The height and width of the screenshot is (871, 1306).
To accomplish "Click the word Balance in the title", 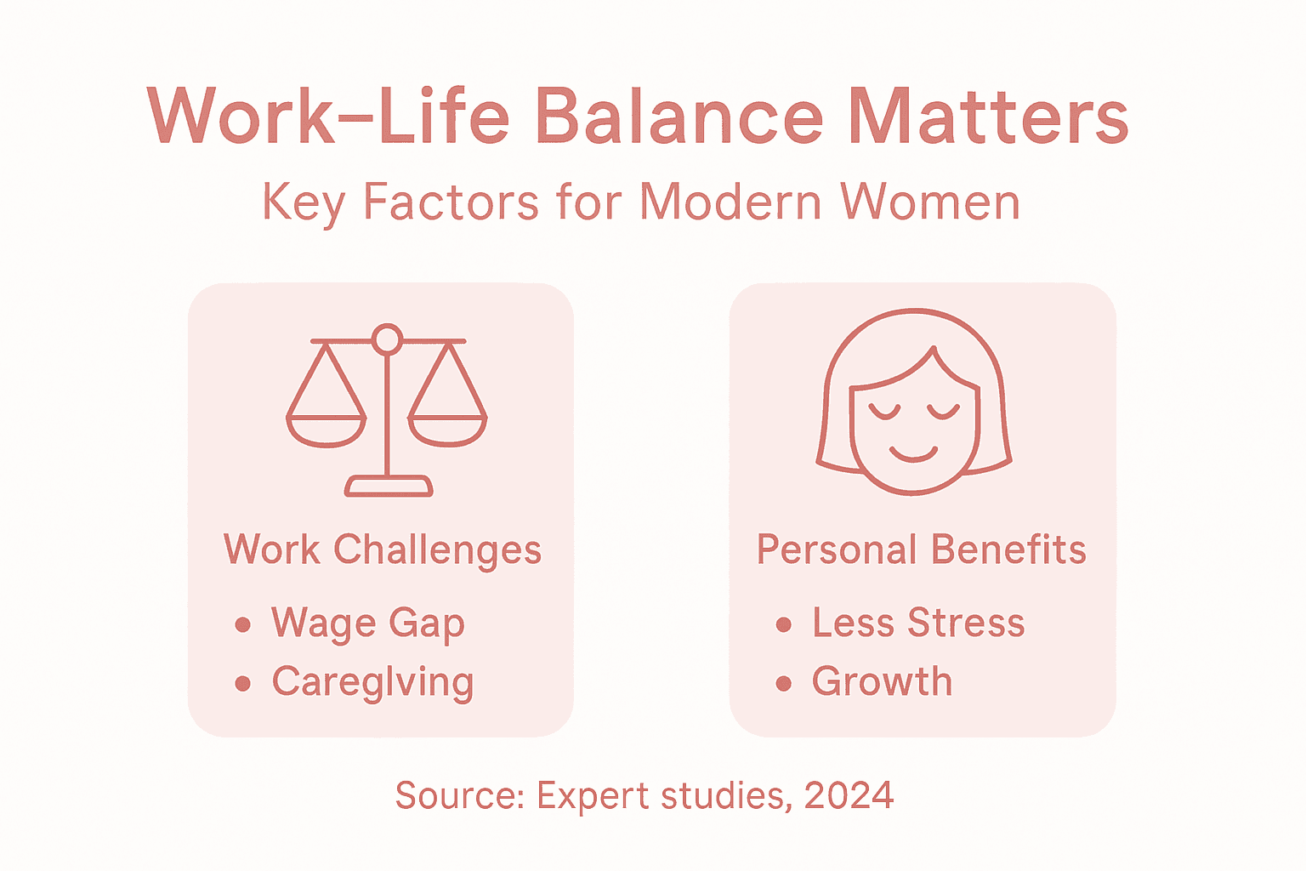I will click(679, 117).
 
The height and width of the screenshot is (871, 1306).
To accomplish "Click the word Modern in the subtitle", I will click(730, 202).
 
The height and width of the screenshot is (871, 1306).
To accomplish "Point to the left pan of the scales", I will click(326, 430).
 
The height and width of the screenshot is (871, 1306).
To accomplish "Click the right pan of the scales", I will click(448, 430).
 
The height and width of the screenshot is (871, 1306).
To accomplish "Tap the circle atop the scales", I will click(388, 339).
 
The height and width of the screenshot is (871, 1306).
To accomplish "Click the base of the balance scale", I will click(389, 486).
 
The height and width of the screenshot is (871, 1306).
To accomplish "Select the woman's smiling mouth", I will click(913, 453).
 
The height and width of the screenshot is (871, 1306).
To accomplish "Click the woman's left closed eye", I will click(884, 412).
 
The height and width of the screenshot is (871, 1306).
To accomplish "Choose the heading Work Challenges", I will click(383, 550).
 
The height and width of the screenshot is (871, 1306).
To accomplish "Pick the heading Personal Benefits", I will click(922, 550).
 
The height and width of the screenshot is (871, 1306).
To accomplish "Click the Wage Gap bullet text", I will click(368, 623).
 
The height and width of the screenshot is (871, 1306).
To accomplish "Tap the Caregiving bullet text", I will click(372, 682).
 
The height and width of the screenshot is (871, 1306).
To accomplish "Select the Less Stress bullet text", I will click(918, 623).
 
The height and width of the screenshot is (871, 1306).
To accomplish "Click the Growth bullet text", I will click(882, 682).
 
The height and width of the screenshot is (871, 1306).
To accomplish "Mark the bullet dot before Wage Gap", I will click(243, 625).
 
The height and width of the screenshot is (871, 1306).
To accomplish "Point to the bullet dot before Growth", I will click(784, 683).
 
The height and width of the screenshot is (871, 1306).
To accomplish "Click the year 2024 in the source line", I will click(849, 796).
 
